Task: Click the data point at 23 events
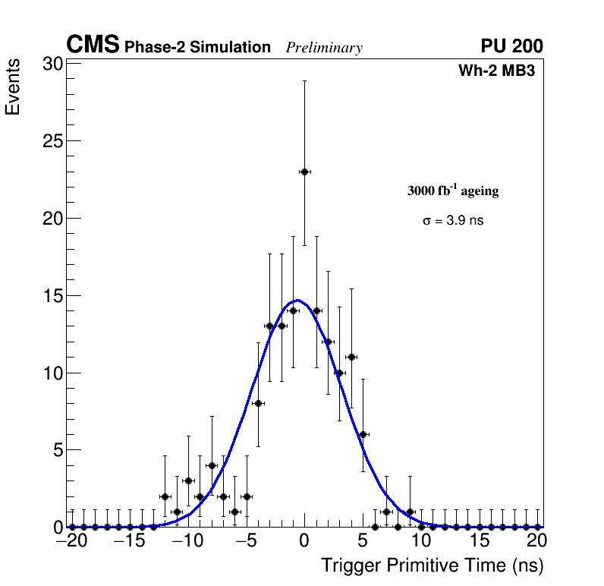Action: pyautogui.click(x=304, y=172)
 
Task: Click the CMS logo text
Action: pyautogui.click(x=93, y=46)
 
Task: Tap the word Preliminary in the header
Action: pyautogui.click(x=324, y=48)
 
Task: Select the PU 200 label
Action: pyautogui.click(x=511, y=46)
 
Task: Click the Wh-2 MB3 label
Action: pyautogui.click(x=497, y=71)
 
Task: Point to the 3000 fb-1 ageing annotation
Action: pyautogui.click(x=453, y=191)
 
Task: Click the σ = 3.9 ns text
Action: pyautogui.click(x=453, y=221)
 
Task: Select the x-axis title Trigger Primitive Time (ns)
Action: pyautogui.click(x=432, y=566)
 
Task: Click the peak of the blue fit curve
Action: pyautogui.click(x=298, y=300)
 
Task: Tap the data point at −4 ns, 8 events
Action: pyautogui.click(x=258, y=403)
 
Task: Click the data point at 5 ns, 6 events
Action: pyautogui.click(x=363, y=434)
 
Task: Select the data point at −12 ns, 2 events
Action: pyautogui.click(x=165, y=496)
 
